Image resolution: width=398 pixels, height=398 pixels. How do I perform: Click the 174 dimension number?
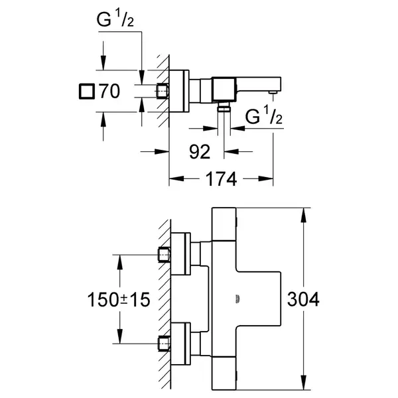221,179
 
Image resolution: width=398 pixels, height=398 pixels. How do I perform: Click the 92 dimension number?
200,152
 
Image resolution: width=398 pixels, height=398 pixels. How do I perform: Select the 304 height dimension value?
303,299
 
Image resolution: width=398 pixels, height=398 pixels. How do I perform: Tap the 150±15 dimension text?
119,300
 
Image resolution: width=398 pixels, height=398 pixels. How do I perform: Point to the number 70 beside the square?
109,91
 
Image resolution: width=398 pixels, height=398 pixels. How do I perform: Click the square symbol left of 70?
87,91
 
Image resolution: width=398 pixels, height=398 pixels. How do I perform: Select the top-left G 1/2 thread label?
115,18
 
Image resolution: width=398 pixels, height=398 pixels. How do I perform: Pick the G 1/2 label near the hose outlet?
264,115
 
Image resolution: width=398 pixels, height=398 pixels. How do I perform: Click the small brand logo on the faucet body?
237,299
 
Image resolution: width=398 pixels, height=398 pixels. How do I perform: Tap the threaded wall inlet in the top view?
163,91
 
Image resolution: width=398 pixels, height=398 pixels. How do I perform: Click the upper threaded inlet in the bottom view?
165,255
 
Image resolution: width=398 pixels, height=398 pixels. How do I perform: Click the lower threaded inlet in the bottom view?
165,344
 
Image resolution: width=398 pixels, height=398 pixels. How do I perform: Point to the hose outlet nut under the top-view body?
224,108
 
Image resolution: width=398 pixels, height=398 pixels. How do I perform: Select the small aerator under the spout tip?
273,92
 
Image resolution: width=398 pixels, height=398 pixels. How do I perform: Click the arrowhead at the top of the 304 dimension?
304,215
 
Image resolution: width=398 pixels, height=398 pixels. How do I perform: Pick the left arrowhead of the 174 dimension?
176,178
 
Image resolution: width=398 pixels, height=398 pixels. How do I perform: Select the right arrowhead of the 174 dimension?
266,178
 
